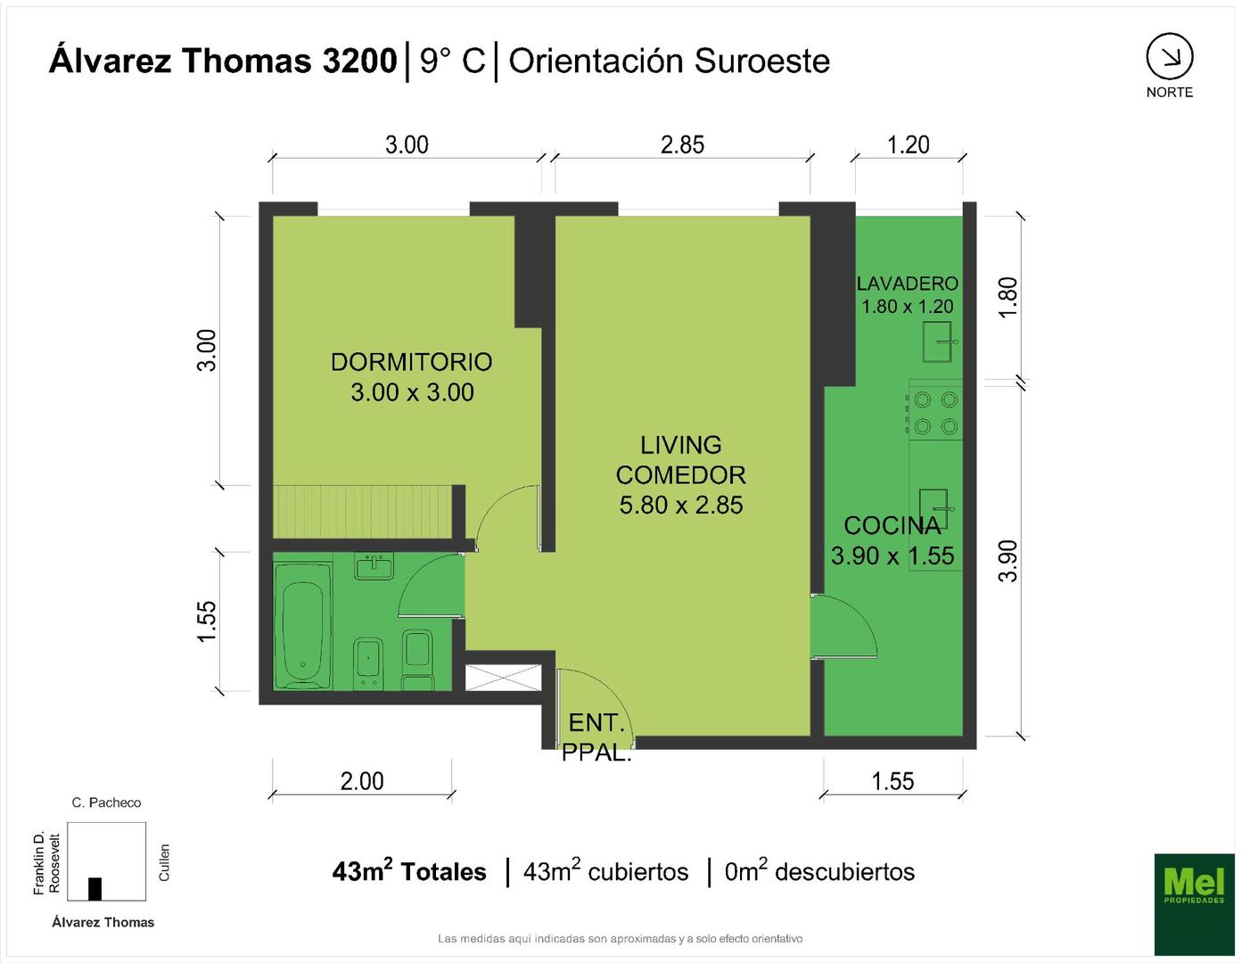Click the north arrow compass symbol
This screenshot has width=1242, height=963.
click(x=1170, y=57)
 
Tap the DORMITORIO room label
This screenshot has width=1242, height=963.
click(x=412, y=362)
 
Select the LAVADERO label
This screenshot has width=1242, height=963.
click(x=907, y=284)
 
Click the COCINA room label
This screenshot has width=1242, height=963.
click(x=892, y=526)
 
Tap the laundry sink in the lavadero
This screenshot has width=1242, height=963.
click(x=939, y=342)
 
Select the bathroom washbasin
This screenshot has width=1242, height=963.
click(x=374, y=566)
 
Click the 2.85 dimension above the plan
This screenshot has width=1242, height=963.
click(x=682, y=144)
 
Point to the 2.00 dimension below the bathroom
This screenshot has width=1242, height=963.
click(x=362, y=781)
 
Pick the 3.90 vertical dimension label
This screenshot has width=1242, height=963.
click(x=1008, y=561)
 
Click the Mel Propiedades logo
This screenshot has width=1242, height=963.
click(x=1194, y=904)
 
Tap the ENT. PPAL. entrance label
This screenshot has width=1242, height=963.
click(x=596, y=737)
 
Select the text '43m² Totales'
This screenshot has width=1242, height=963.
click(x=409, y=871)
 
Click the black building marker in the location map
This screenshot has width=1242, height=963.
click(x=95, y=889)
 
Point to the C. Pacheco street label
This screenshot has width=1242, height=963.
click(x=106, y=802)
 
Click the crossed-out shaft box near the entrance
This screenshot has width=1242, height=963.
click(x=503, y=678)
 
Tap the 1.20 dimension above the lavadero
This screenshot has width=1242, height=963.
click(x=909, y=144)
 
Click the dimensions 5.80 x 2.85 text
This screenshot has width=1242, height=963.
click(x=680, y=505)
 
